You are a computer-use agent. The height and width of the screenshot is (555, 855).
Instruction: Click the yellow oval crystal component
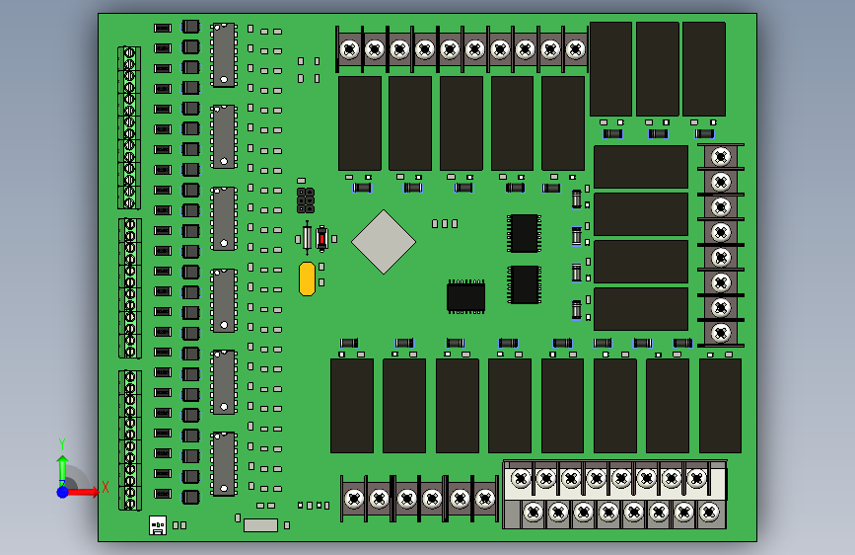click(x=307, y=278)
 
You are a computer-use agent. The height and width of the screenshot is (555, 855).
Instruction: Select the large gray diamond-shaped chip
click(x=384, y=241)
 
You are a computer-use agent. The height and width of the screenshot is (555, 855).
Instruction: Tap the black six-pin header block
click(x=306, y=200)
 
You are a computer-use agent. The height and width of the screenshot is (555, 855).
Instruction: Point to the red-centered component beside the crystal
click(x=321, y=238)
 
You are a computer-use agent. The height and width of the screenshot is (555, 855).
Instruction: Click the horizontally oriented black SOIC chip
click(x=465, y=297)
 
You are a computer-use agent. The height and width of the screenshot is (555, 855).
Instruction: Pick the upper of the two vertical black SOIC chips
click(x=524, y=233)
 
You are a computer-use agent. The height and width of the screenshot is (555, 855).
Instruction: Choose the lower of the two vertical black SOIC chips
click(x=525, y=284)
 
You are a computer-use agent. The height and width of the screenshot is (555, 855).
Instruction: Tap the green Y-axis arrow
click(x=62, y=468)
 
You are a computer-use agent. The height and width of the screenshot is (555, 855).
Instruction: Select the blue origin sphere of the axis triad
click(x=62, y=491)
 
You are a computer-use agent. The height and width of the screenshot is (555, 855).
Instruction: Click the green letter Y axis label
click(x=62, y=443)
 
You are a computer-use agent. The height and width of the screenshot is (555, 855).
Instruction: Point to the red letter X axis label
click(x=105, y=488)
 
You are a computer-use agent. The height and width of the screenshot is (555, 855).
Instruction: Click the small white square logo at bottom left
click(x=158, y=525)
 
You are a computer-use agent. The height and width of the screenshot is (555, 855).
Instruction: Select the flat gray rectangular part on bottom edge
click(x=260, y=525)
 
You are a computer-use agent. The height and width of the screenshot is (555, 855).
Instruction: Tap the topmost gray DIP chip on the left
click(x=224, y=55)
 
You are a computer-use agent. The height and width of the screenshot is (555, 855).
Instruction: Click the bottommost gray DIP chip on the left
click(x=224, y=464)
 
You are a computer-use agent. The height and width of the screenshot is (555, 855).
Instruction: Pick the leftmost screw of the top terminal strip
click(x=349, y=48)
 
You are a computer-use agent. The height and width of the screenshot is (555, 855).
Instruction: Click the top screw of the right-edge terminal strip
click(x=721, y=156)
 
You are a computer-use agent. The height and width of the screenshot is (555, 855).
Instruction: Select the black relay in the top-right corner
click(x=704, y=69)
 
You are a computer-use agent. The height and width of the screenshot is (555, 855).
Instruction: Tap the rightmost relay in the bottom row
click(x=720, y=406)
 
